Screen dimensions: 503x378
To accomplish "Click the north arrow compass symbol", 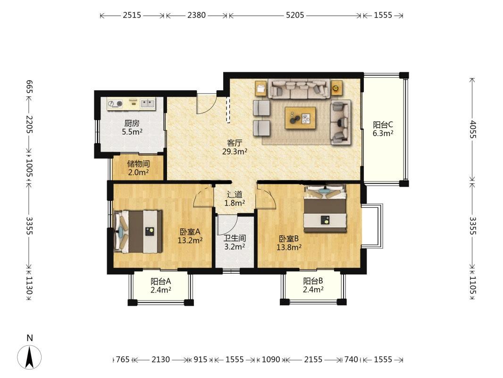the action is pos(30,357).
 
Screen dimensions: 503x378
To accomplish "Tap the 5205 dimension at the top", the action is pos(295,15).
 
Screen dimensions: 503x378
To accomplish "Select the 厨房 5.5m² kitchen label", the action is pos(132,127).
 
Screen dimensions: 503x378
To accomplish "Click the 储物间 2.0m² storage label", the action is pos(138,168).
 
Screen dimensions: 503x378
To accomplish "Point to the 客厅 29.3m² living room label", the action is pos(235,147).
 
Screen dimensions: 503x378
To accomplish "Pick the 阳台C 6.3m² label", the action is pos(383,129).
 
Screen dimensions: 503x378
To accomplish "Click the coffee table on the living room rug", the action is pos(300,118).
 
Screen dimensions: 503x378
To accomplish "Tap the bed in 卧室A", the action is pos(138,232).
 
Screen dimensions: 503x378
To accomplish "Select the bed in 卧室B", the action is pos(325,208).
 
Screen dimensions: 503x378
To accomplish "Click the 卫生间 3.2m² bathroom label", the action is pos(235,242).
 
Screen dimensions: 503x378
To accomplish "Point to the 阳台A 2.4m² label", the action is pos(161,285).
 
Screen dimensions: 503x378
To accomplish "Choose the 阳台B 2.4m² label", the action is pos(313,285).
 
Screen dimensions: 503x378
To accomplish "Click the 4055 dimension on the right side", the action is pos(472,129).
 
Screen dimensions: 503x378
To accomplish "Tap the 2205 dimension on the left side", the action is pos(30,124).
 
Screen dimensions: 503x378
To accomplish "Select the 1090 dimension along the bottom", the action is pos(271,360).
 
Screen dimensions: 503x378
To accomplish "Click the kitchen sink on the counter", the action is pos(148,103).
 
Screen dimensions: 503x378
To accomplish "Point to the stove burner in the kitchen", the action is pos(120,103).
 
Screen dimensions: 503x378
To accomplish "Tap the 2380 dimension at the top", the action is pos(197,15).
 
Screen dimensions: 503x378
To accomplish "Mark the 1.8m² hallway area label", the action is pos(235,203).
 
